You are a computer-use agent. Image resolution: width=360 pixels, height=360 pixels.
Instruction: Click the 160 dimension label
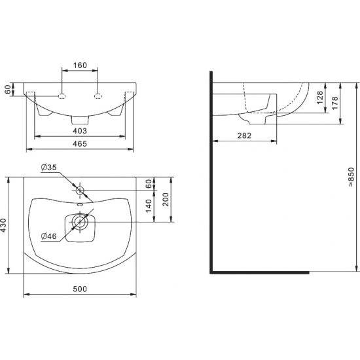(80, 65)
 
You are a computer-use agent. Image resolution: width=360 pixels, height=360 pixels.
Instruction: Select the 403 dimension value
(80, 131)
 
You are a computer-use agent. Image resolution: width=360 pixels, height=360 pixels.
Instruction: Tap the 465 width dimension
(80, 144)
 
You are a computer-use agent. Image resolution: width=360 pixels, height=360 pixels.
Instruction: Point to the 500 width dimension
(80, 289)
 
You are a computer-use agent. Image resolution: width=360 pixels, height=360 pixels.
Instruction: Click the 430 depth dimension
(4, 225)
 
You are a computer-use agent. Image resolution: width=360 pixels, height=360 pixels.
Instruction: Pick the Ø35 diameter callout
(48, 168)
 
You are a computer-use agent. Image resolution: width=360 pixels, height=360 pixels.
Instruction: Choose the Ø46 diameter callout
(48, 236)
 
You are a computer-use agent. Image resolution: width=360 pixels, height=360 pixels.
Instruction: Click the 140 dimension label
(149, 206)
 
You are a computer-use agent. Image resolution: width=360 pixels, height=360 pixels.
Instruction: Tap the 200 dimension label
(166, 200)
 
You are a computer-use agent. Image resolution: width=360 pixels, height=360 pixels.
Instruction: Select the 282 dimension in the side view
(244, 135)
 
